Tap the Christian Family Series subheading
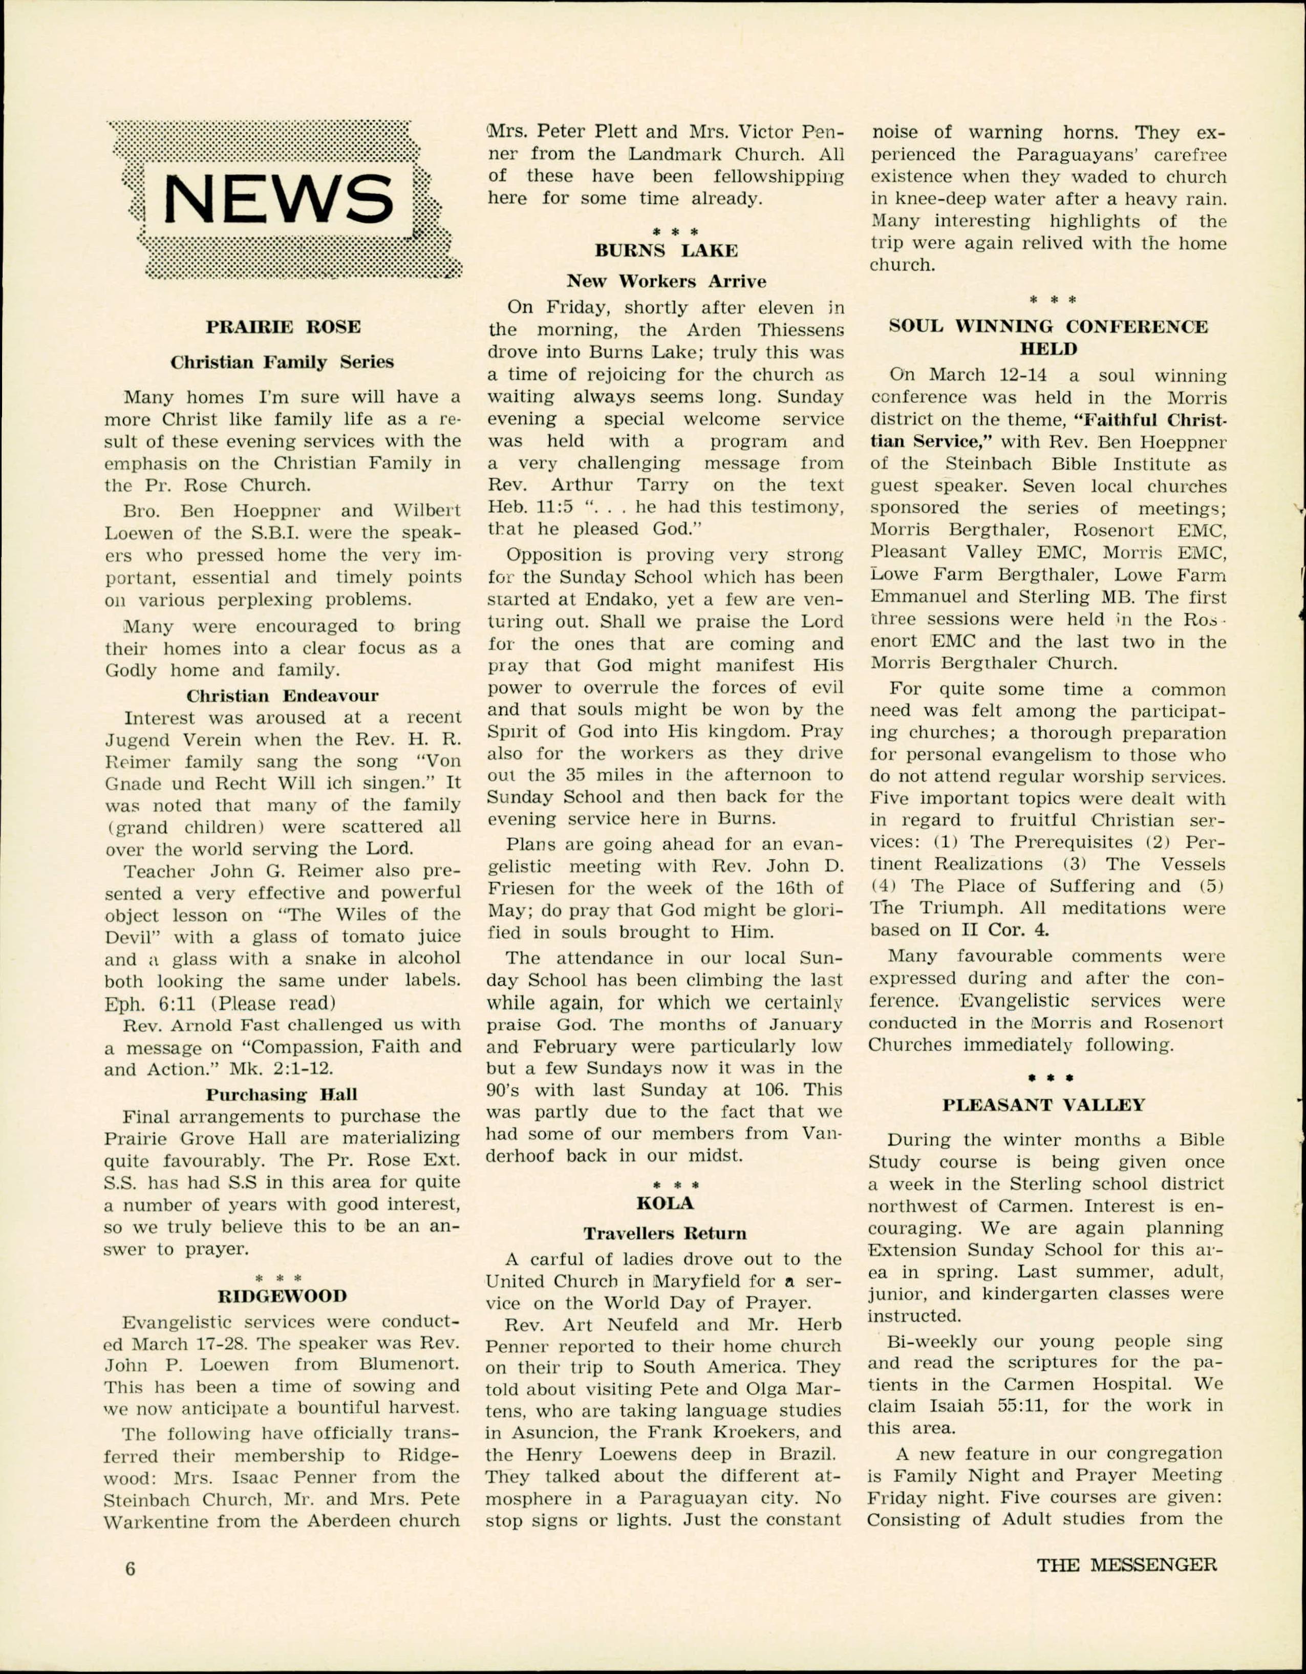tap(282, 363)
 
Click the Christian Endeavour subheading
tap(282, 696)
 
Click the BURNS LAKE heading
tap(666, 250)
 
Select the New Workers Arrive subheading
tap(666, 281)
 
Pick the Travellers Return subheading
tap(665, 1233)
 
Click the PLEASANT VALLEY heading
tap(1044, 1105)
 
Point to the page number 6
tap(131, 1569)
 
